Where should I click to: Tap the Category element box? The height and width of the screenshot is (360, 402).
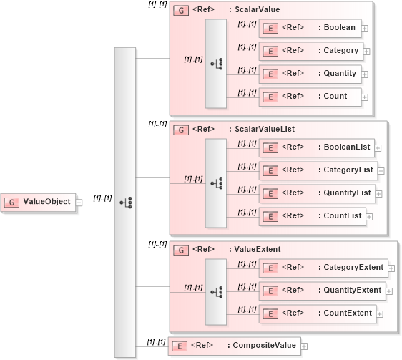[311, 51]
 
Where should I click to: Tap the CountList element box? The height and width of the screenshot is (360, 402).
[313, 216]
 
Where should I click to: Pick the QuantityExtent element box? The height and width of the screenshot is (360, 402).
[322, 291]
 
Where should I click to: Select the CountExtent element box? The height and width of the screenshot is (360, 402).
[318, 313]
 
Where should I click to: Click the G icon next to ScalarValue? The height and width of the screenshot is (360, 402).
[182, 11]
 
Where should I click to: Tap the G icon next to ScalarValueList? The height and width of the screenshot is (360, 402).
[182, 130]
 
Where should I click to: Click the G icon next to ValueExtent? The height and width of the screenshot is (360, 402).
[182, 250]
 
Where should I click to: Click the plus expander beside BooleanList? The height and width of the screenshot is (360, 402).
[378, 148]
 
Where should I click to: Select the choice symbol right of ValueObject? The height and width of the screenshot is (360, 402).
[124, 203]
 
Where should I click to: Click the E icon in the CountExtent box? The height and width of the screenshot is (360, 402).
[270, 313]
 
